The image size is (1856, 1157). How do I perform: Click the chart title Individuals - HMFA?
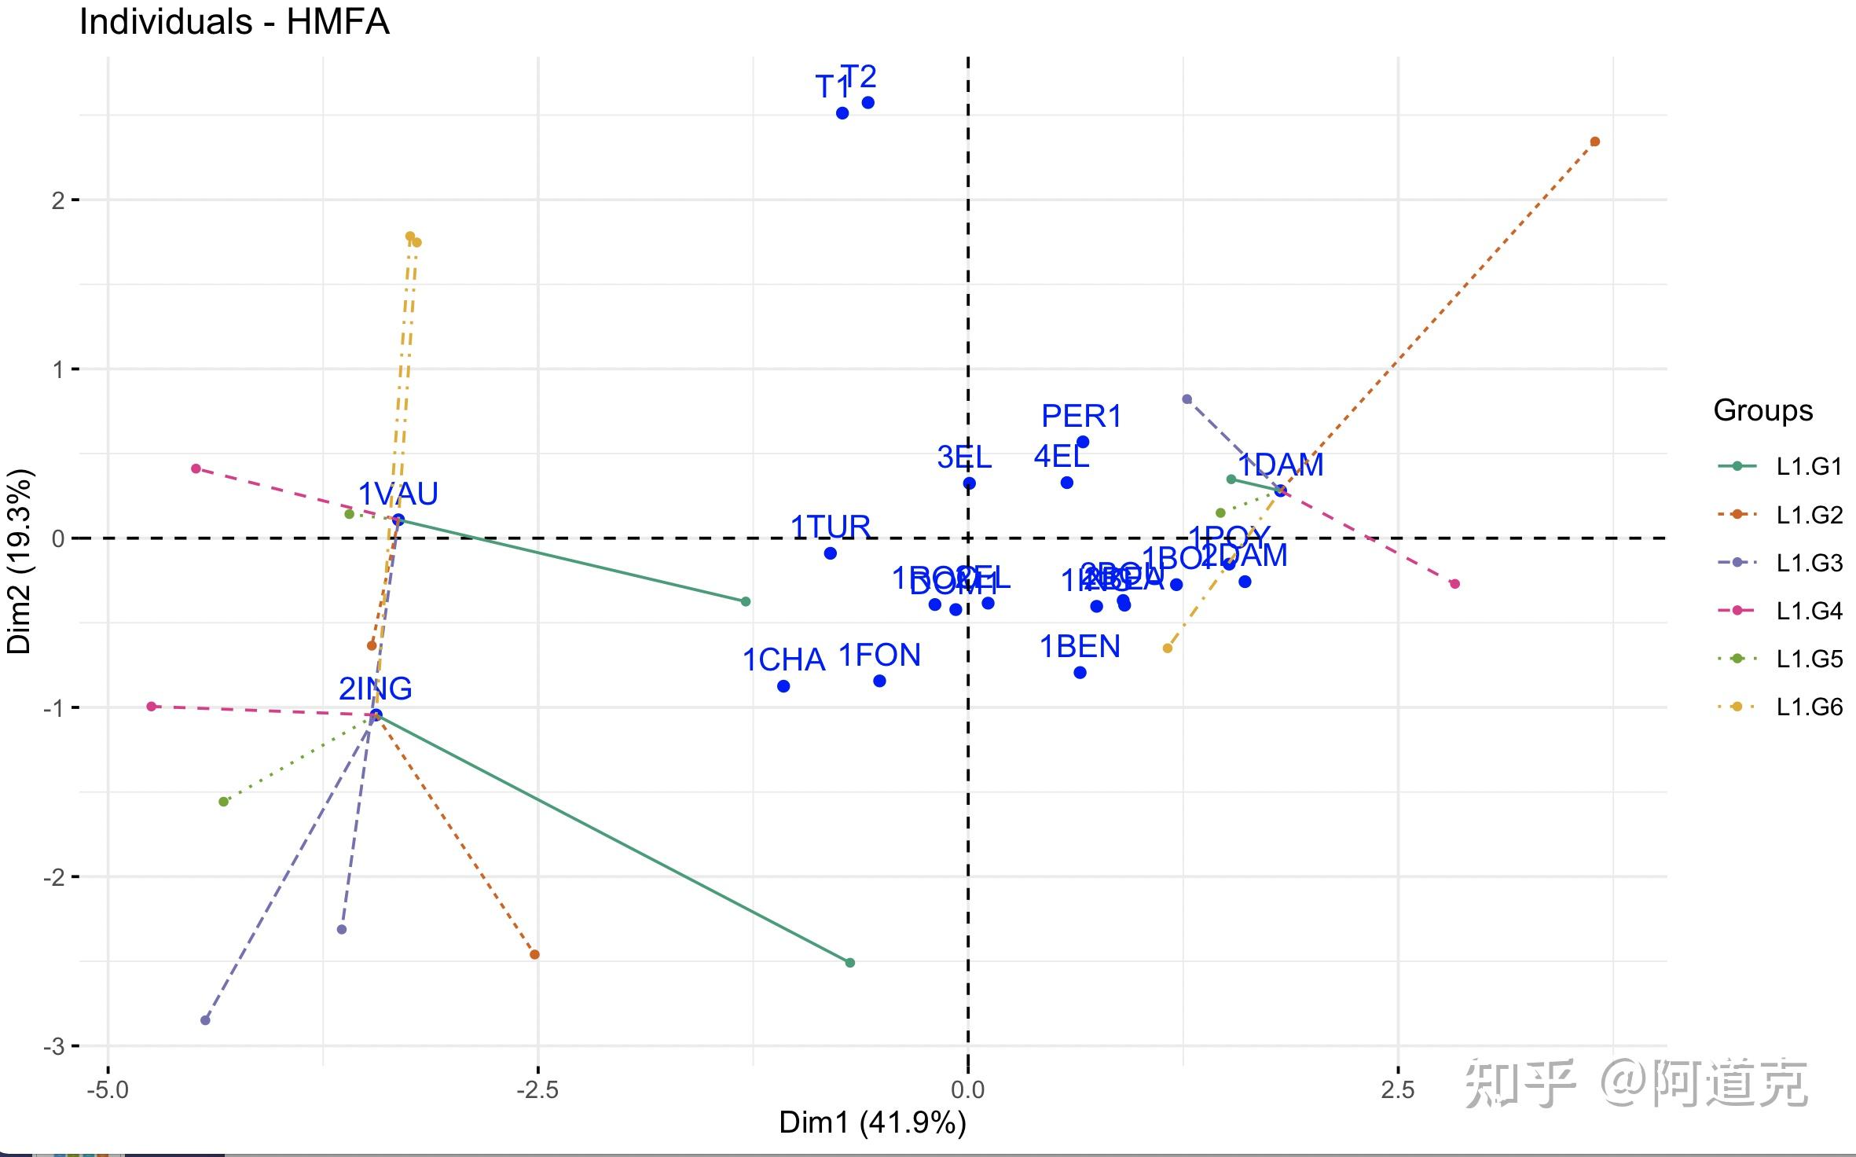(234, 22)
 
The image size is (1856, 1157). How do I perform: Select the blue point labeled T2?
(867, 103)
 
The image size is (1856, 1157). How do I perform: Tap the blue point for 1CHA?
(783, 686)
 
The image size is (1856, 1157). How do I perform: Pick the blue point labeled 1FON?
(879, 681)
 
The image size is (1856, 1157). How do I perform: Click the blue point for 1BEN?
(1080, 672)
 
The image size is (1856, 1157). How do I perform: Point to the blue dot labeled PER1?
(1083, 442)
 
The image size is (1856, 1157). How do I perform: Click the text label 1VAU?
(398, 494)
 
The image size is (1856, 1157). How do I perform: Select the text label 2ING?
(375, 689)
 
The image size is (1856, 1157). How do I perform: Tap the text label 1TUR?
(830, 526)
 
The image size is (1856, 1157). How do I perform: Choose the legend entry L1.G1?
(1809, 467)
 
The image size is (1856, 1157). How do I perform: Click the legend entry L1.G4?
(1809, 611)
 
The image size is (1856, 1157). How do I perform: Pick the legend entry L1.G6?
(1809, 707)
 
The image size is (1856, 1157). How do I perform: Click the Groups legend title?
(1762, 410)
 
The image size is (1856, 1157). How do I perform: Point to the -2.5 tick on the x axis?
(537, 1089)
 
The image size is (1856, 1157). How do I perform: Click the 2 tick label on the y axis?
(58, 200)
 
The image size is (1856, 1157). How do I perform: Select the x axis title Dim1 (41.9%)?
(872, 1122)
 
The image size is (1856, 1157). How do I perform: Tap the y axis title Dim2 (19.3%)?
(19, 561)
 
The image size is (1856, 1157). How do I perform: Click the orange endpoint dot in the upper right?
(1594, 141)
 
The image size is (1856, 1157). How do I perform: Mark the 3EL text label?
(964, 457)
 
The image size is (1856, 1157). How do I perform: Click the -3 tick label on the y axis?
(53, 1046)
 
